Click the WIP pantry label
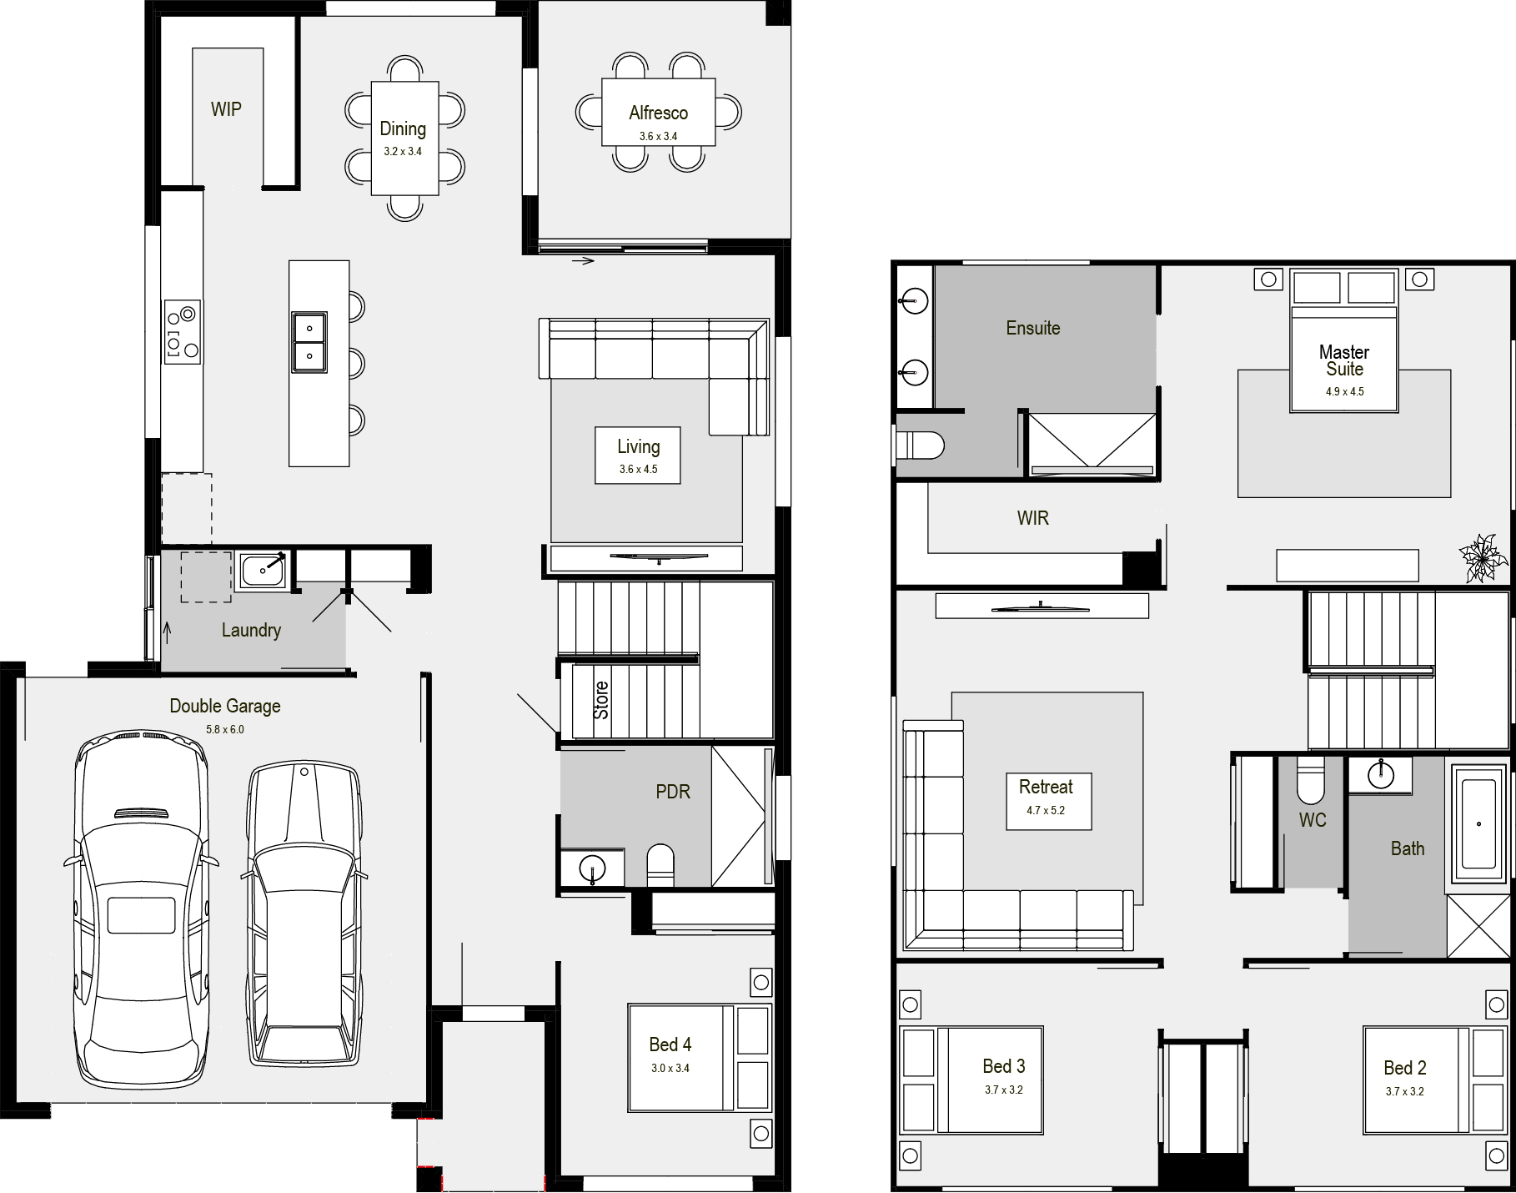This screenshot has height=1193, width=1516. [226, 109]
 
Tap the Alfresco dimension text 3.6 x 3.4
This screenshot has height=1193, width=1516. [658, 136]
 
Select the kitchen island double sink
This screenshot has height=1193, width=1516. [309, 342]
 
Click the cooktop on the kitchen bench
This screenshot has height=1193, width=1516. [183, 331]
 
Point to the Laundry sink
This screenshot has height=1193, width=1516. [263, 571]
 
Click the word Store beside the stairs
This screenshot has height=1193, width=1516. [601, 700]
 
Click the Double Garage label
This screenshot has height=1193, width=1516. [225, 706]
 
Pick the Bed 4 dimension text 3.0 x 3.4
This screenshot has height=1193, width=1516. [670, 1068]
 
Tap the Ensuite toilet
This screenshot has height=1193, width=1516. [922, 445]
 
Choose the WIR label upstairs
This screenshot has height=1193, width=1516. [1032, 518]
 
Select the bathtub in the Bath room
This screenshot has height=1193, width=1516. [1479, 822]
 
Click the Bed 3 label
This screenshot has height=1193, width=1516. [1003, 1066]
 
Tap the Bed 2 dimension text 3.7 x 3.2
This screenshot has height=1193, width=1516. [1405, 1091]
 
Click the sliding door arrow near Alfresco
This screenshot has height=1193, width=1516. [583, 262]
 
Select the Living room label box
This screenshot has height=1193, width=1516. [638, 456]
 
